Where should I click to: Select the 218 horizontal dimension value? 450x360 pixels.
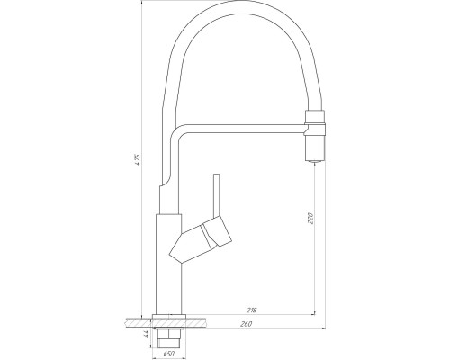[x=250, y=310]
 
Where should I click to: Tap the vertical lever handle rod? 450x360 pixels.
[x=217, y=195]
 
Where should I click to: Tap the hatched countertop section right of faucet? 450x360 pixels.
[x=199, y=319]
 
